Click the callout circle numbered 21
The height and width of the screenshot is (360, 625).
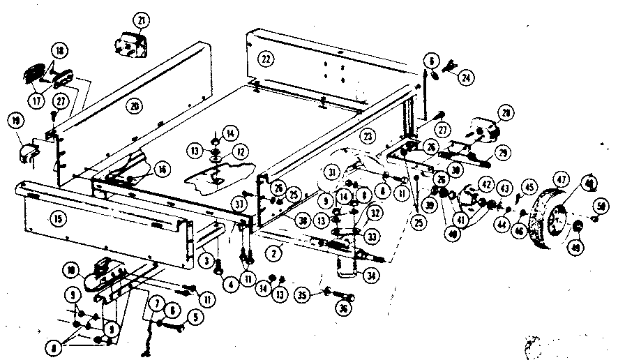(142, 21)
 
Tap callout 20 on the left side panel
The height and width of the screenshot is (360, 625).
(135, 105)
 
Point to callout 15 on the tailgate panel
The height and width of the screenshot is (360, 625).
(57, 218)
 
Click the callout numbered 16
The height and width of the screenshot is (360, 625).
(162, 168)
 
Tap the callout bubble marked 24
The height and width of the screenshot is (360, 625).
(464, 78)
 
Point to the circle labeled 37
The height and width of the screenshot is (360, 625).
(239, 203)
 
